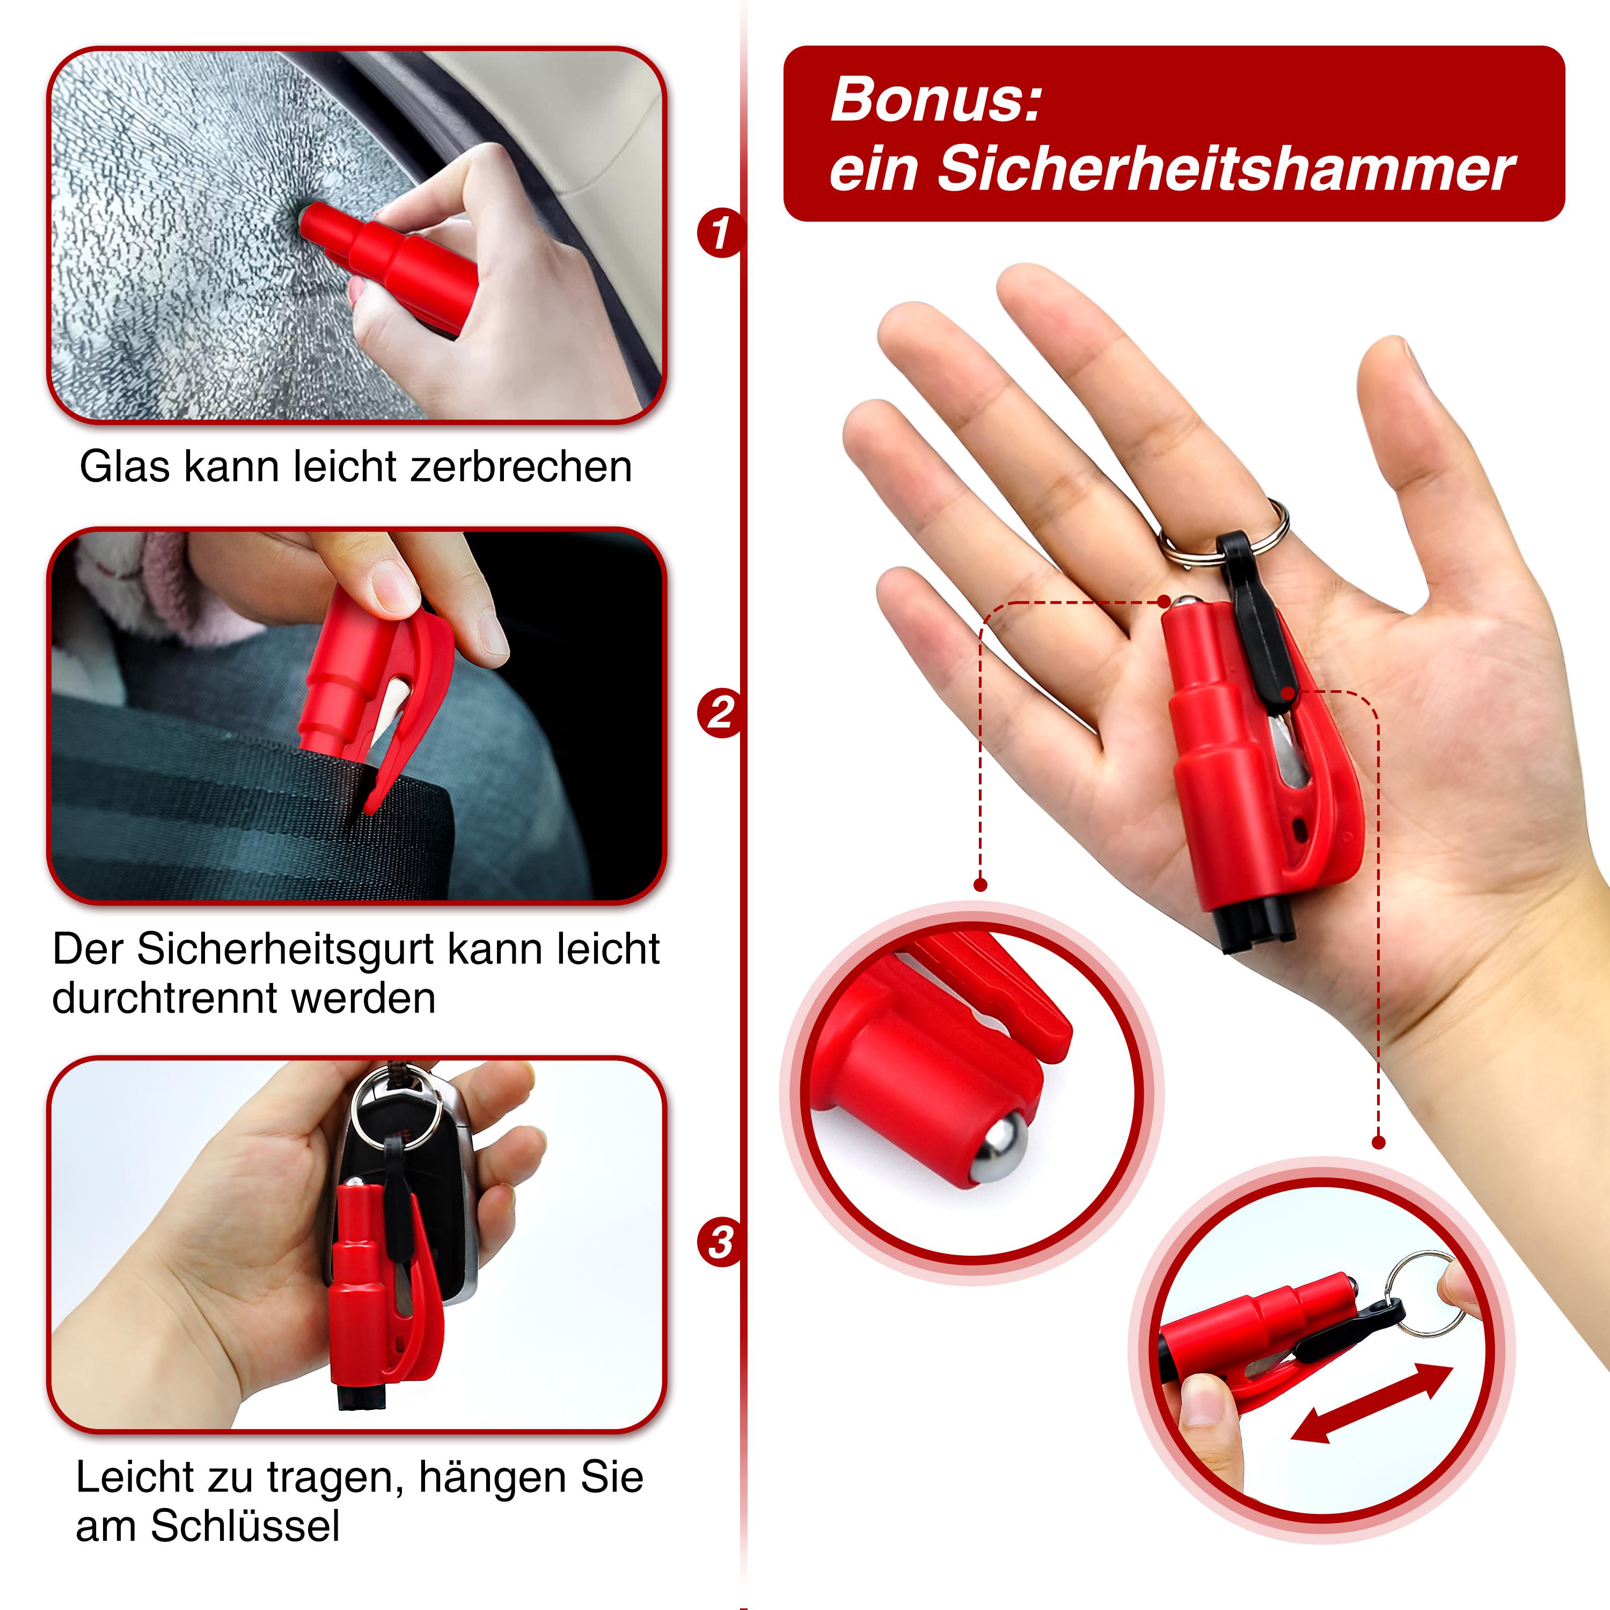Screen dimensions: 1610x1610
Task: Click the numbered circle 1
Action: coord(719,232)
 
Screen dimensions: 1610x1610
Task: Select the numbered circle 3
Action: coord(719,1242)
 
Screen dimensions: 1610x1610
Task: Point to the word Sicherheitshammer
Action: coord(1226,169)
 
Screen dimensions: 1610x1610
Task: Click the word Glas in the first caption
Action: coord(125,467)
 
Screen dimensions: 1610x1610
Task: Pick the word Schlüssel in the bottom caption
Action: coord(245,1526)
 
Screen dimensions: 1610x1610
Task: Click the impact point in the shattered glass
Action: coord(305,218)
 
